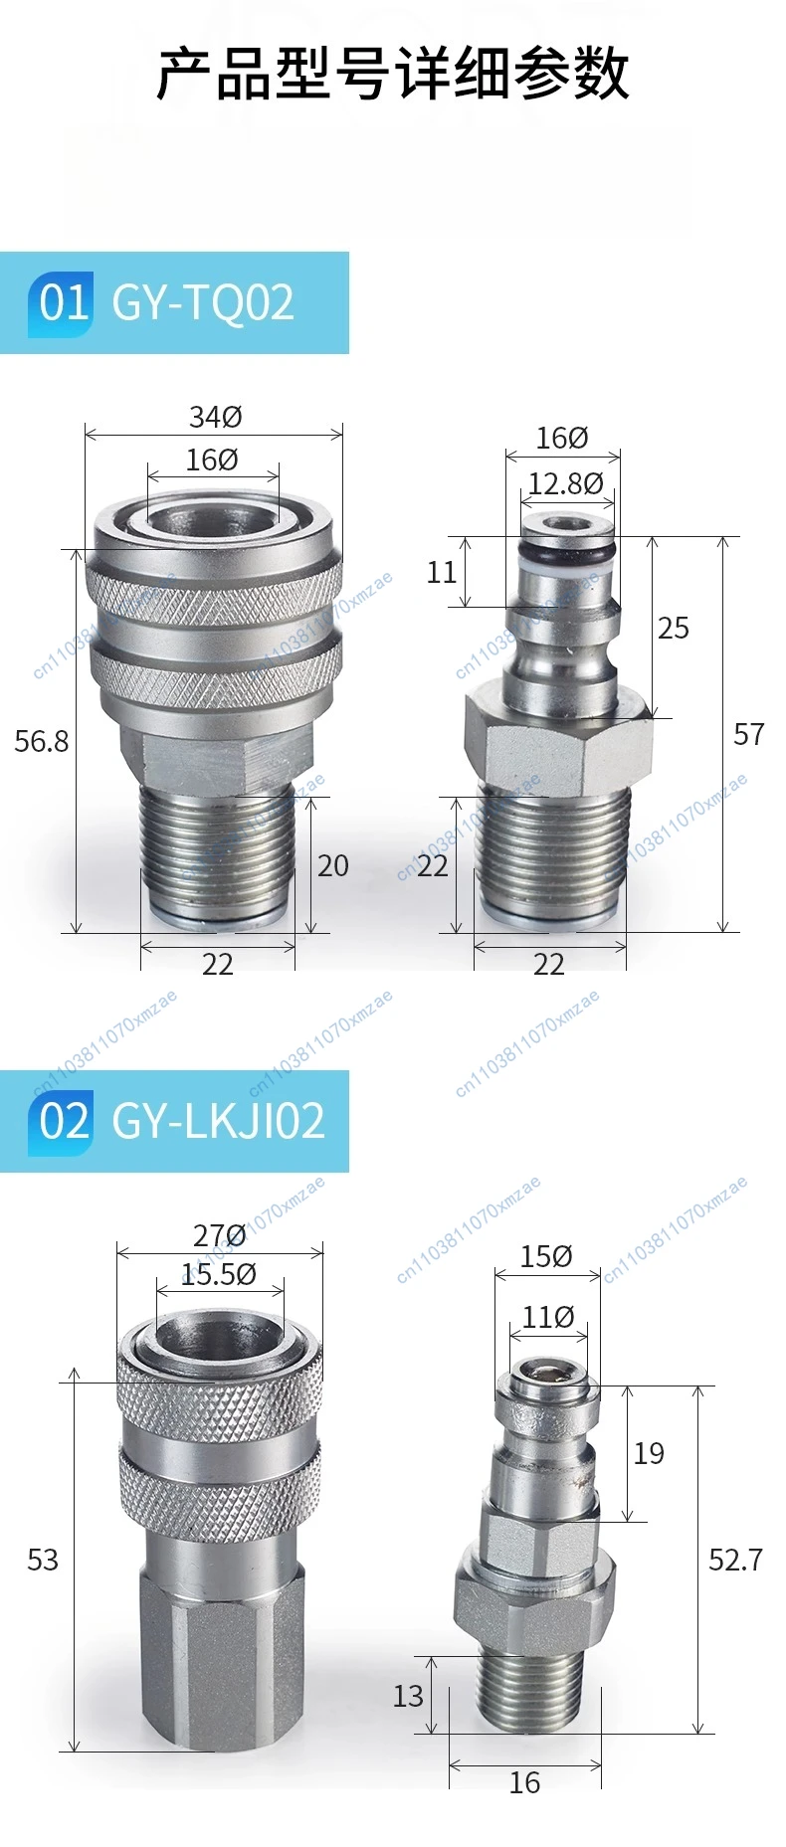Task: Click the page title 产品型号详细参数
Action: click(393, 74)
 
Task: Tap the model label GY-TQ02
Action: click(203, 302)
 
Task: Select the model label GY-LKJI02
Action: click(219, 1121)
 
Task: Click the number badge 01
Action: click(62, 302)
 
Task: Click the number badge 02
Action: click(62, 1121)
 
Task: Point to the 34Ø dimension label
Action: click(216, 417)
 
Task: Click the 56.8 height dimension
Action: click(42, 741)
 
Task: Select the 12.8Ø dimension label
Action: click(565, 483)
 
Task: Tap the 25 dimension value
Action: click(674, 629)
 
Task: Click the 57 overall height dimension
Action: click(748, 735)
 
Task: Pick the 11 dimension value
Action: click(441, 573)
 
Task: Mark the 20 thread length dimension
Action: click(333, 866)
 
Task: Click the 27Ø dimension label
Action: click(220, 1235)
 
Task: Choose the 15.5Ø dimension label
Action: click(219, 1274)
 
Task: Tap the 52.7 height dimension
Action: click(735, 1560)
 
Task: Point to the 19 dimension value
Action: click(649, 1454)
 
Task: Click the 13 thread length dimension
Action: click(408, 1696)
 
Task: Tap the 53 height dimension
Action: click(43, 1560)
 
